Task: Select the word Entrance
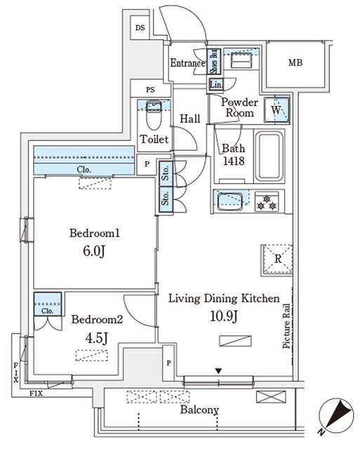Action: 187,63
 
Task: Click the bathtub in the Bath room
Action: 269,156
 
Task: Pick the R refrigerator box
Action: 276,258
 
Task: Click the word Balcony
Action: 199,410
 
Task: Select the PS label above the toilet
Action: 149,89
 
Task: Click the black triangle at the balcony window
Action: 219,371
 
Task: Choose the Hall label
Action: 190,119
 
